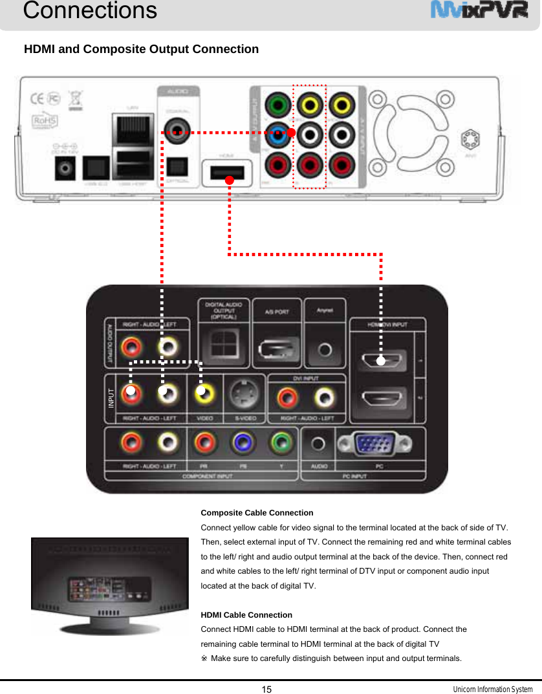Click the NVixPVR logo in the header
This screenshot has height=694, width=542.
479,11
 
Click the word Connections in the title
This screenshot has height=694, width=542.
90,10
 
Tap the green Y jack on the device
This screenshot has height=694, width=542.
278,104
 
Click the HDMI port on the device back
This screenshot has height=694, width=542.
226,173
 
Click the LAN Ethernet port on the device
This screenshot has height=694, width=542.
132,127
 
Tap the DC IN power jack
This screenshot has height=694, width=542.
65,169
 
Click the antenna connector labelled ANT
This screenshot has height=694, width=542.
471,139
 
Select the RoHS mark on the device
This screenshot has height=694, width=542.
46,120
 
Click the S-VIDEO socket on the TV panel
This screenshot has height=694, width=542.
243,391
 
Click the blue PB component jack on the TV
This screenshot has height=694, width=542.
243,444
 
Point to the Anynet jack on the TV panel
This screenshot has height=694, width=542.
325,350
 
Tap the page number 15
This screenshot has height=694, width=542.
266,689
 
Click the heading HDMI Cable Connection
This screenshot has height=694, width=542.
246,614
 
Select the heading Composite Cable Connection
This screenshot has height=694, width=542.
257,512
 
